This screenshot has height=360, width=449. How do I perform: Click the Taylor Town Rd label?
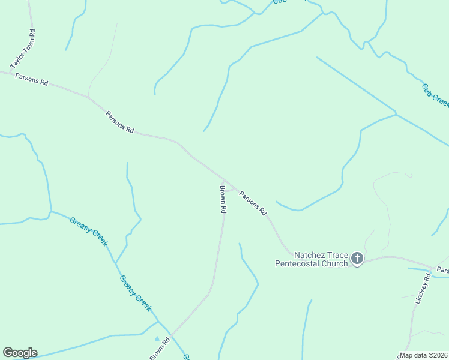click(24, 50)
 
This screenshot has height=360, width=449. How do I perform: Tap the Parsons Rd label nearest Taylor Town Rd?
click(31, 79)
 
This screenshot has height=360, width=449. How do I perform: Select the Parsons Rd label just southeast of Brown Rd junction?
click(253, 203)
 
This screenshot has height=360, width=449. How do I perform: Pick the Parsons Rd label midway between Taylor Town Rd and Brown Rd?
click(119, 122)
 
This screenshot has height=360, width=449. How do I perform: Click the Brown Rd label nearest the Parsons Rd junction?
click(222, 200)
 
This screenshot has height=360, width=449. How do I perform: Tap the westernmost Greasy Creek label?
click(88, 231)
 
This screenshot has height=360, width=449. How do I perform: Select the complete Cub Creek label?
click(435, 95)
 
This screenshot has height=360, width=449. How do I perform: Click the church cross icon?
click(357, 259)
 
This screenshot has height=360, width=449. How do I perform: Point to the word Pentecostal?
click(299, 263)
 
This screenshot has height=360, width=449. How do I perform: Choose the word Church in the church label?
click(336, 263)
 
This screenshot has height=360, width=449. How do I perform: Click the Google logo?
click(20, 353)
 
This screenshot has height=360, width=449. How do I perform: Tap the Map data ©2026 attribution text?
click(423, 355)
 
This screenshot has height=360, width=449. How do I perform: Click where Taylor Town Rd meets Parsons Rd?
click(10, 73)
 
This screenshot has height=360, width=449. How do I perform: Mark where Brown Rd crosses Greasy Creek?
click(171, 335)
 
